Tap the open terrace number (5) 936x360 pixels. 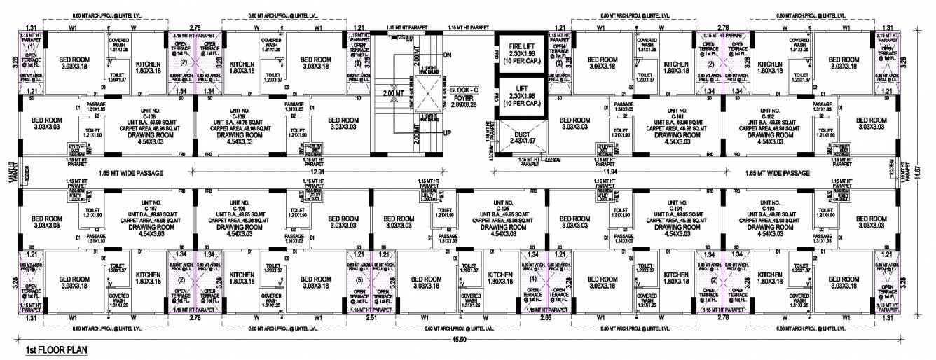click(x=359, y=280)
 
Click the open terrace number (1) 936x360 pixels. click(x=31, y=47)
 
